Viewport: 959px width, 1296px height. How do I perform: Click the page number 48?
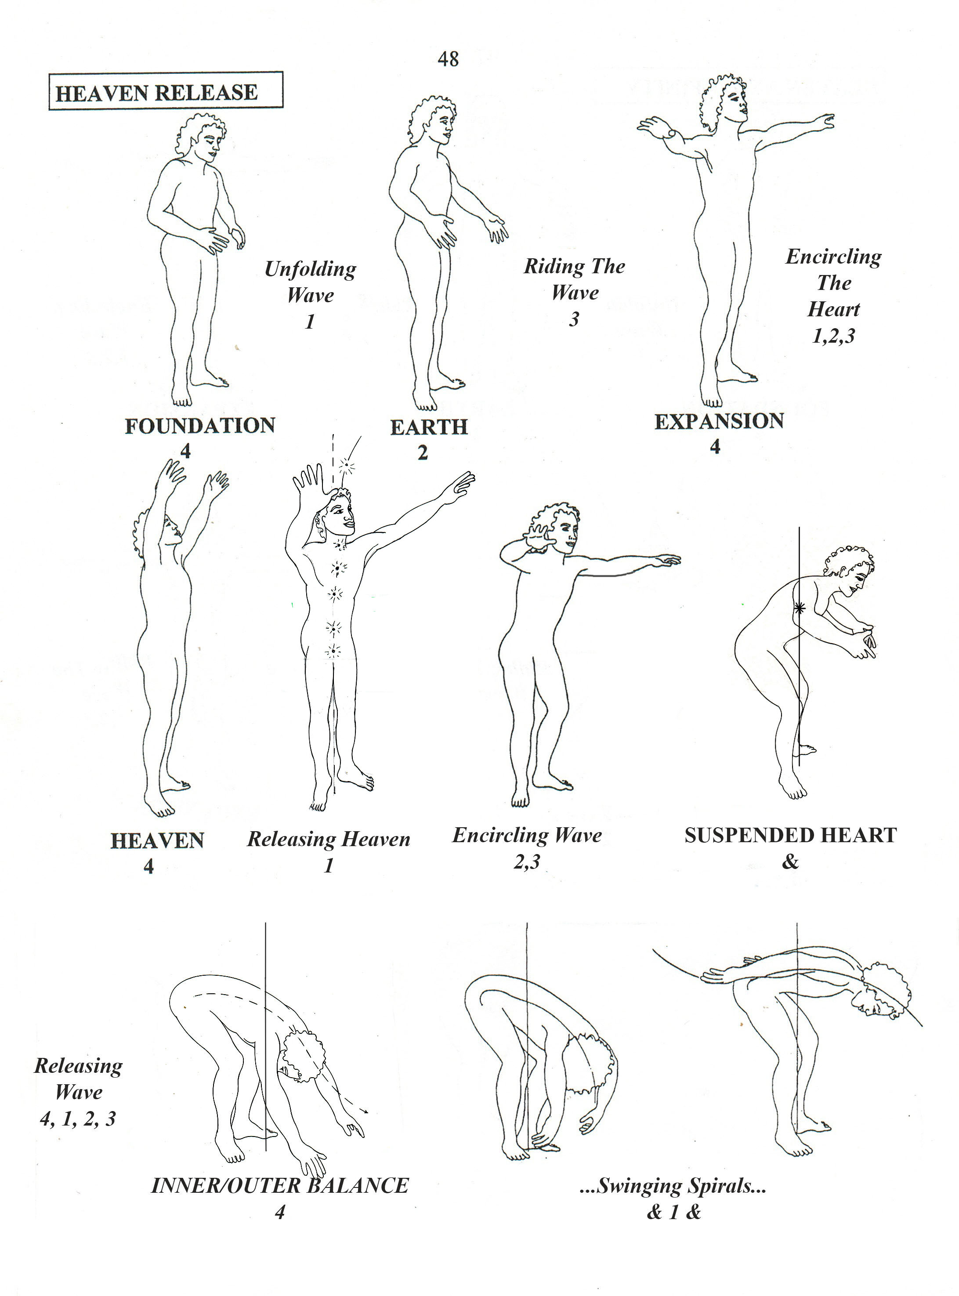click(x=448, y=58)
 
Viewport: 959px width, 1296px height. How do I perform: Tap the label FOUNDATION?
click(x=200, y=426)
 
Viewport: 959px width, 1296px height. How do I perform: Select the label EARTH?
click(x=428, y=427)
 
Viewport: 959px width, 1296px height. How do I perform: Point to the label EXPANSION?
click(x=719, y=421)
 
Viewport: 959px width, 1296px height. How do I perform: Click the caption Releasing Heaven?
click(x=329, y=839)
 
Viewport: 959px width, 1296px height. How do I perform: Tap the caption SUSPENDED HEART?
click(x=791, y=835)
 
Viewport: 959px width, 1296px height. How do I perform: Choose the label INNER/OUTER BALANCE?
click(x=280, y=1186)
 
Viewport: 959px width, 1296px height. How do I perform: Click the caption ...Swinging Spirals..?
click(x=673, y=1186)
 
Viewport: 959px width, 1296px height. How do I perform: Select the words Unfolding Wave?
click(x=311, y=282)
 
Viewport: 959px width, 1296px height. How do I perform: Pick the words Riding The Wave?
click(x=575, y=279)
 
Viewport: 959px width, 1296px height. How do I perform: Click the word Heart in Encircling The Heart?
click(x=834, y=309)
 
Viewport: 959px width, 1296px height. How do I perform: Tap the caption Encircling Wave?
click(x=527, y=836)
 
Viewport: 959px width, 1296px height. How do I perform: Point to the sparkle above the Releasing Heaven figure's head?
click(x=347, y=464)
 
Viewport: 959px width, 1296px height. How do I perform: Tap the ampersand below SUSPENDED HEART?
click(x=790, y=862)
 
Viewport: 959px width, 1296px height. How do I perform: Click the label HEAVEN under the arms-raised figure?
click(x=157, y=841)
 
